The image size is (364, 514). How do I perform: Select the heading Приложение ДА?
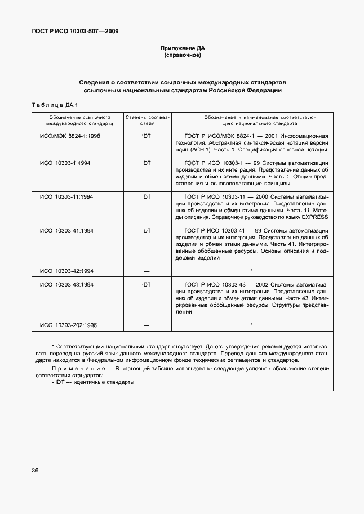coord(182,48)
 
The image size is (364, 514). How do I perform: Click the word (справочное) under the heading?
coord(182,56)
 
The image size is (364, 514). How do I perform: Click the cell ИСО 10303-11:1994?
coord(66,196)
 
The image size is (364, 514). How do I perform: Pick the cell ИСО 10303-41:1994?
coord(66,230)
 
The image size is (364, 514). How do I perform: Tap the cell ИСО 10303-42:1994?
coord(66,271)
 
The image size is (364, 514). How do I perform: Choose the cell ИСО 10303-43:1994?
coord(66,285)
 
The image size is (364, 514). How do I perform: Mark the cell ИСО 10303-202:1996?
coord(68,325)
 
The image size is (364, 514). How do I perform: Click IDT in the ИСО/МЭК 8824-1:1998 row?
coord(147,136)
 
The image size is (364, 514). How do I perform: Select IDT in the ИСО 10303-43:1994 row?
coord(147,285)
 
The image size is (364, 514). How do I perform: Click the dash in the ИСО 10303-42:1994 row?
coord(147,271)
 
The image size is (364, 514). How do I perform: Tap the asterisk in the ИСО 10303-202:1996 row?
coord(251,325)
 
